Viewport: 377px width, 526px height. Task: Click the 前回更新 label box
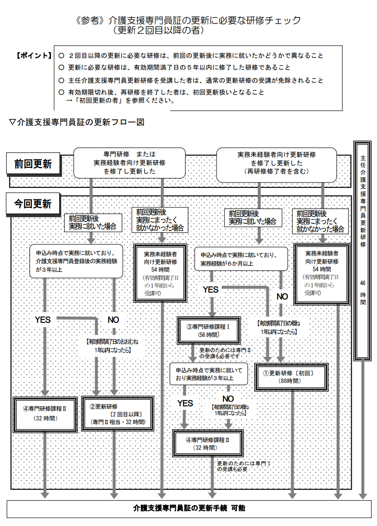(x=33, y=164)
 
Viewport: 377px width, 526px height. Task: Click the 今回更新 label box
(x=33, y=204)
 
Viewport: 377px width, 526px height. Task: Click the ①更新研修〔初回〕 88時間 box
(x=291, y=377)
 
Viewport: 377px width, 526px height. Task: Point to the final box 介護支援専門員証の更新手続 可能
(x=189, y=508)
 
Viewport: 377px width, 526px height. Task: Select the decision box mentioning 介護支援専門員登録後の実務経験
(x=76, y=261)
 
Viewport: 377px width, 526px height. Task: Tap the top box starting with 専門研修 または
(x=129, y=163)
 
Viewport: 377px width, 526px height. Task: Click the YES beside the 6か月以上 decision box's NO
(x=211, y=290)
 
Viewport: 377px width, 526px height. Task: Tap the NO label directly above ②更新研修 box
(x=113, y=320)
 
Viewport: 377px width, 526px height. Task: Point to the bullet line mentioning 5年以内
(x=180, y=67)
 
